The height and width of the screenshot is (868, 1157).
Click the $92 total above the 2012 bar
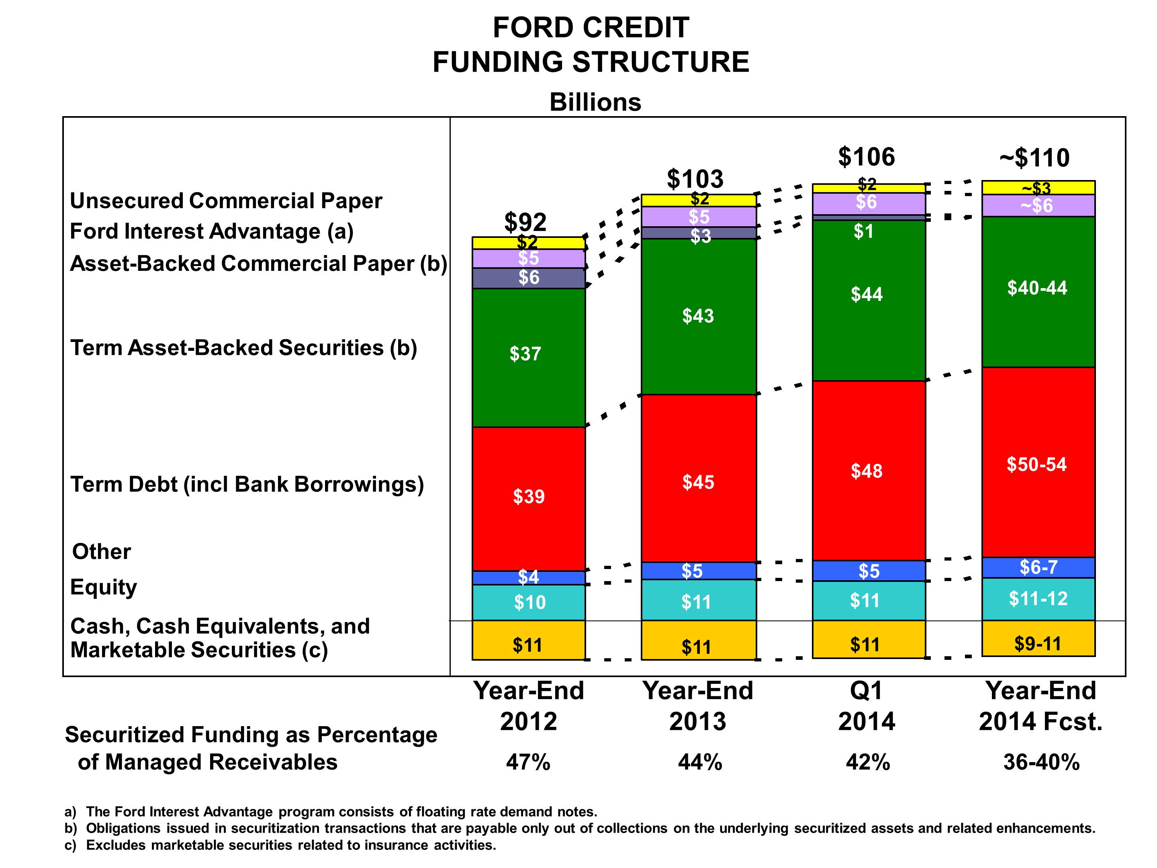[525, 222]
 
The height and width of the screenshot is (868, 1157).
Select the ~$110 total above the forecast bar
[1034, 158]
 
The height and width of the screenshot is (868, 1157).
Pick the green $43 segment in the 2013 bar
[698, 316]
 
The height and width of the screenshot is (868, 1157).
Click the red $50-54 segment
[1037, 465]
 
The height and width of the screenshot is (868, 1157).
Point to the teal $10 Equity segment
[529, 602]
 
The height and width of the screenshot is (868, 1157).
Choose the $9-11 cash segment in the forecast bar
[1038, 643]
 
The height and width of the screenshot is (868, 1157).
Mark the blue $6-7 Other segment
[1038, 567]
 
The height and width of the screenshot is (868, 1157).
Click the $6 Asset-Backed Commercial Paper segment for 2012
[528, 278]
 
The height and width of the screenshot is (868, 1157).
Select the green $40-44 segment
[1037, 288]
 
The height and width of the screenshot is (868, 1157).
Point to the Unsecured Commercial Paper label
[226, 201]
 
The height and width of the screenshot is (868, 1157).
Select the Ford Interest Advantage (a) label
[212, 231]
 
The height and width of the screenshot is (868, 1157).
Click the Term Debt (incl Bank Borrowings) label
[247, 485]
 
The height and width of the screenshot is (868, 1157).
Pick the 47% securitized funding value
[528, 762]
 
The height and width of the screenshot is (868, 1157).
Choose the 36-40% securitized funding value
[1041, 762]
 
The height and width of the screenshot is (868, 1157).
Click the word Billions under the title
[595, 102]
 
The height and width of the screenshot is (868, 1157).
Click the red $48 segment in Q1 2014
[866, 471]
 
